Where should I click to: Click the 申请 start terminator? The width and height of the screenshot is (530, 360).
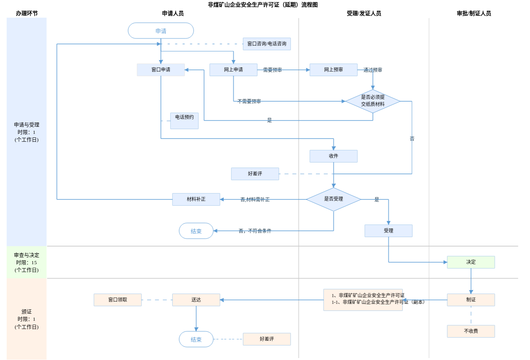161,31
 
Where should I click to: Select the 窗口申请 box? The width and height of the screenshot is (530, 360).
161,70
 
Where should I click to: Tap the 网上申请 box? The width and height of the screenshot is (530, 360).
233,70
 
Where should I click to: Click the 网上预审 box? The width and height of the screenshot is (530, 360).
333,70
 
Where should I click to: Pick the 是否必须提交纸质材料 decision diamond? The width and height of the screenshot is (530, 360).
373,101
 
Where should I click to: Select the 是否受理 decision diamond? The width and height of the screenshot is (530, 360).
333,199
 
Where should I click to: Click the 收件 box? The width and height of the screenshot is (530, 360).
333,156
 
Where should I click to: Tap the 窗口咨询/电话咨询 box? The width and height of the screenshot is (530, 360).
267,44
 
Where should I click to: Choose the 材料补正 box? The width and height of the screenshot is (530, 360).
196,199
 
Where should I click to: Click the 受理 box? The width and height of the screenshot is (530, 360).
388,231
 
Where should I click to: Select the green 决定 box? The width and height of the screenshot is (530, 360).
471,262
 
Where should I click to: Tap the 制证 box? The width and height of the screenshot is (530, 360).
471,300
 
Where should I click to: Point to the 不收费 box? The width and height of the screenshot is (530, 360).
471,331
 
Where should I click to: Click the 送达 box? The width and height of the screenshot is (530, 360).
196,300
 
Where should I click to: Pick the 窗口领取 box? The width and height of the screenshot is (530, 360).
117,300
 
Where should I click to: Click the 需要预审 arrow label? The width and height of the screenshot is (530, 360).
272,70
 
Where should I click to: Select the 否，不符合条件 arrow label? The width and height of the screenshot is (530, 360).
255,231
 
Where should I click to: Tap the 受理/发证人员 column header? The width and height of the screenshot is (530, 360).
364,13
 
